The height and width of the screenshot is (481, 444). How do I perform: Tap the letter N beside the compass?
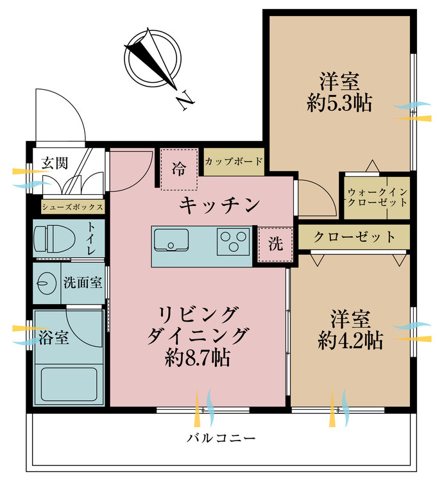185,101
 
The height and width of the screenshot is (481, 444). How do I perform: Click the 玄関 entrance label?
55,162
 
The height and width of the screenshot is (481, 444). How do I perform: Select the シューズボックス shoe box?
72,207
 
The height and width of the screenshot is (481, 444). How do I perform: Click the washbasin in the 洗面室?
46,282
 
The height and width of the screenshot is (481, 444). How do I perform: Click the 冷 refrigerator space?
179,169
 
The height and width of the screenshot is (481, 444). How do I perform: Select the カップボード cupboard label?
234,162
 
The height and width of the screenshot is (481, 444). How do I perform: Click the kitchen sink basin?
171,244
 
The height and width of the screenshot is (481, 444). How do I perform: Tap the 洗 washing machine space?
275,244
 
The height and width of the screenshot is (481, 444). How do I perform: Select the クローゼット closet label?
354,237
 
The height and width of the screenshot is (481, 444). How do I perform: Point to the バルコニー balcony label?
221,439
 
